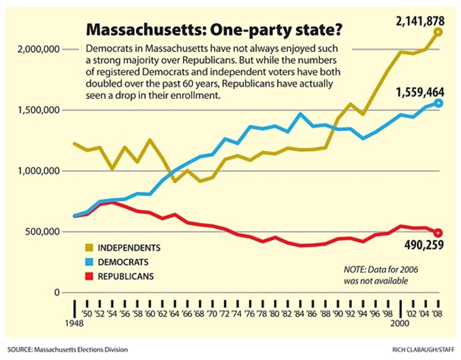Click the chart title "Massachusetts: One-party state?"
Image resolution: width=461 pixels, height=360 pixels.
pyautogui.click(x=214, y=31)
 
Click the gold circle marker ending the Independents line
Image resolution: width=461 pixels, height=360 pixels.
pyautogui.click(x=438, y=32)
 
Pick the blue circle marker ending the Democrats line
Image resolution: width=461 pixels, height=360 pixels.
pyautogui.click(x=438, y=103)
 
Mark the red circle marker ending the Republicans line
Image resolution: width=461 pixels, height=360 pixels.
pyautogui.click(x=438, y=233)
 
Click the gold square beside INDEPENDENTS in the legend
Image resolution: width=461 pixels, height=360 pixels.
pyautogui.click(x=89, y=247)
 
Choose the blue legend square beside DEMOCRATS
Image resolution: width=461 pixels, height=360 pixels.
pyautogui.click(x=89, y=262)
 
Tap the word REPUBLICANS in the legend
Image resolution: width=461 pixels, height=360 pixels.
pyautogui.click(x=126, y=276)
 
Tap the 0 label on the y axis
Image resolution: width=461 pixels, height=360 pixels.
pyautogui.click(x=57, y=293)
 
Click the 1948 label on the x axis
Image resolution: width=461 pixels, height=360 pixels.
pyautogui.click(x=74, y=324)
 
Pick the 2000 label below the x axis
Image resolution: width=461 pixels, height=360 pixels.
pyautogui.click(x=400, y=324)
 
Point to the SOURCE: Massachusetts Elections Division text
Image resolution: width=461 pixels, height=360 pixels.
pyautogui.click(x=68, y=349)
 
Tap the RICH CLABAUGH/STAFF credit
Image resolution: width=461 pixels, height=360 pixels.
pyautogui.click(x=423, y=349)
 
